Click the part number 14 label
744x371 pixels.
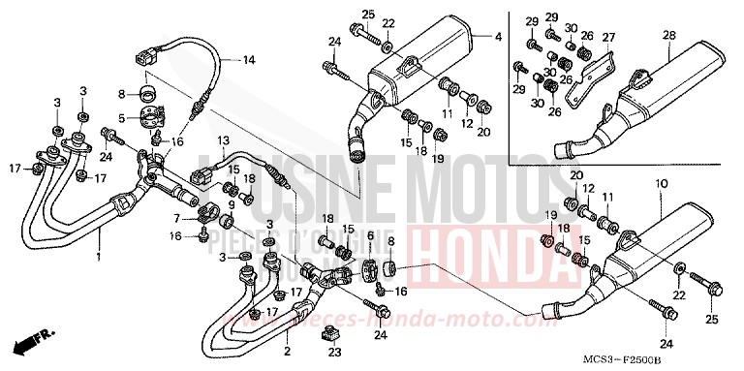tap(249, 60)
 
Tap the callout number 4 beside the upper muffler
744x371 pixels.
tap(498, 38)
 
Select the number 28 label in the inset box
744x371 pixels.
tap(668, 36)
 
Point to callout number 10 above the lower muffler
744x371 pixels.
tap(660, 183)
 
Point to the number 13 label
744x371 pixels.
tap(222, 139)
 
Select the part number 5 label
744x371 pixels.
tap(122, 118)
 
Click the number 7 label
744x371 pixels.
tap(176, 218)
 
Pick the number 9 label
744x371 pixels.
tap(232, 204)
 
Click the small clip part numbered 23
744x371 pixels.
tap(333, 334)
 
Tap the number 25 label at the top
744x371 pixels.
tap(367, 14)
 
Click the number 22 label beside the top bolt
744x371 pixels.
tap(388, 23)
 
